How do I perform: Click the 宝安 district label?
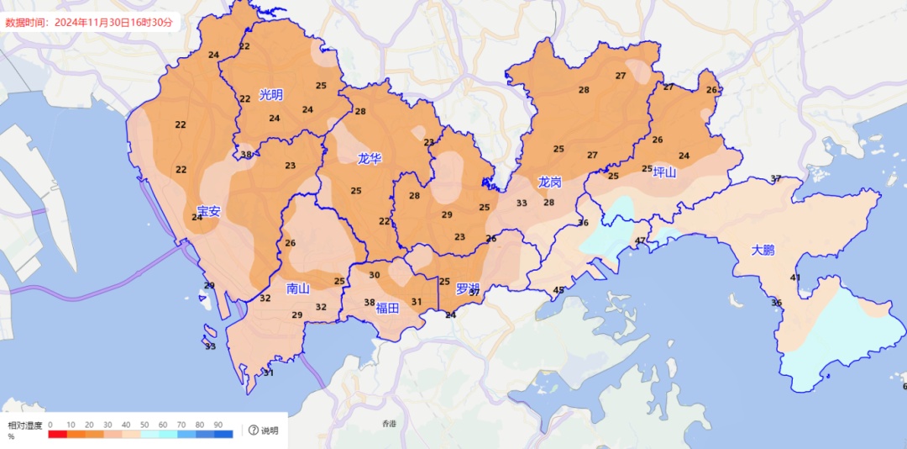click(208, 211)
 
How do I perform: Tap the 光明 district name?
click(271, 95)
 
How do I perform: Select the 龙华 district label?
click(370, 158)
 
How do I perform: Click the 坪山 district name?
click(664, 172)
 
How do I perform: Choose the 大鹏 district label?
click(764, 250)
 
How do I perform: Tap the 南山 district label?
click(298, 288)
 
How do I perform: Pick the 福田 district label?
click(387, 307)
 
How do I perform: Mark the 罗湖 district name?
click(467, 289)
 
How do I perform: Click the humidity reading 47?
click(641, 241)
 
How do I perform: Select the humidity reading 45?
click(558, 291)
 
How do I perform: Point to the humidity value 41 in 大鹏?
click(795, 278)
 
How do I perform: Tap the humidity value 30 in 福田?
click(375, 275)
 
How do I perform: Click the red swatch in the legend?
click(58, 434)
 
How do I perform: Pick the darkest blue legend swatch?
click(223, 434)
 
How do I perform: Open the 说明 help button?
click(263, 431)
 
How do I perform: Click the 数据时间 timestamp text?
click(89, 23)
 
